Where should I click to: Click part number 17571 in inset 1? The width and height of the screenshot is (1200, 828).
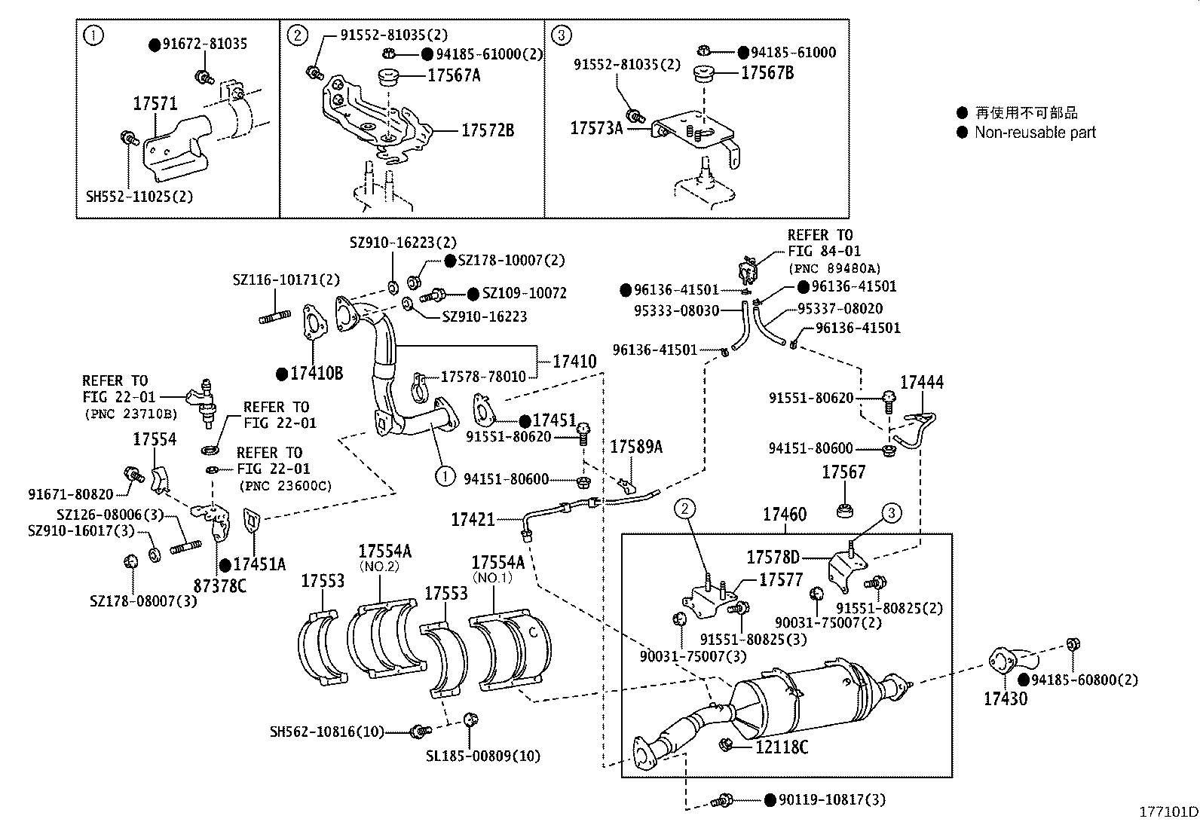(x=155, y=104)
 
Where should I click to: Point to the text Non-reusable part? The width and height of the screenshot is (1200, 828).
(x=1034, y=133)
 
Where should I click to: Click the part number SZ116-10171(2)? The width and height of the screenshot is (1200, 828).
(x=286, y=280)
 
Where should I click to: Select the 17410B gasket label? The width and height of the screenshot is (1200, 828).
(x=317, y=373)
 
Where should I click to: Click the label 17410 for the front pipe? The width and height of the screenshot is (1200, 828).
(x=574, y=362)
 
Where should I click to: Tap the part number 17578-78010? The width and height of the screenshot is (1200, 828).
(x=483, y=376)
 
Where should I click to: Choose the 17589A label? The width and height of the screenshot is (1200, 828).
(x=636, y=447)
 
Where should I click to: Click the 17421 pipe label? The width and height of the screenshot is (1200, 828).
(x=473, y=519)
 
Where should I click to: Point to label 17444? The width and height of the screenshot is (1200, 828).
(x=922, y=382)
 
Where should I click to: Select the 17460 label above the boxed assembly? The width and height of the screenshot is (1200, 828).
(x=784, y=515)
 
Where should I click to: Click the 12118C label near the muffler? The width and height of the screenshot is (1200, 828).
(x=782, y=747)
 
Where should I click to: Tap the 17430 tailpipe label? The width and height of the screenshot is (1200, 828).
(x=1005, y=698)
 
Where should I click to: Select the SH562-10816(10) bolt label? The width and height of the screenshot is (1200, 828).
(x=327, y=732)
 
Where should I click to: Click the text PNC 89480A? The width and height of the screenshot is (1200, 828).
(x=834, y=267)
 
